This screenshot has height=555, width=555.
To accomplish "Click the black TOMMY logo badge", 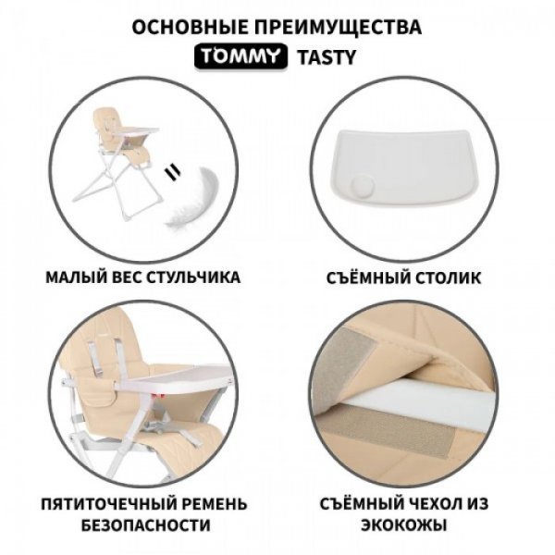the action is (x=240, y=55).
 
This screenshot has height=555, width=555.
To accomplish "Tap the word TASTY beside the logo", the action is (x=327, y=57).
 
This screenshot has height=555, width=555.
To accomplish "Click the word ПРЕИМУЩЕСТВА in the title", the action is (x=338, y=27).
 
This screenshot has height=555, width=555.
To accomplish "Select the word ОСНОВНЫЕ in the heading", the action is (x=190, y=27).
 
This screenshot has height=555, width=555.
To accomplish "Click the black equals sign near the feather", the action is (x=173, y=172).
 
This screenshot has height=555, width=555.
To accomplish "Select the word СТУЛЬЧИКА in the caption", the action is (x=193, y=277).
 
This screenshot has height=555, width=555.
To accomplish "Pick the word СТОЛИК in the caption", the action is (x=448, y=277).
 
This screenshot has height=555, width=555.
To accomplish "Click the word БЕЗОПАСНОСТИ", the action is (x=146, y=525).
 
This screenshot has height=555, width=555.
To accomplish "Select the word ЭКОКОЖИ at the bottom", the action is (x=404, y=525).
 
